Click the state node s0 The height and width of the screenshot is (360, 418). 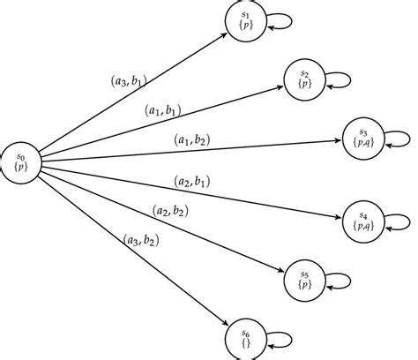point(21,161)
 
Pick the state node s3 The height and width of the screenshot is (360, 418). point(362,138)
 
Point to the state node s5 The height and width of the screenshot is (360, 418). point(304,280)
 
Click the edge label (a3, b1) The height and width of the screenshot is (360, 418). point(125,83)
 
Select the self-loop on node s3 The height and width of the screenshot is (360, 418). point(397,139)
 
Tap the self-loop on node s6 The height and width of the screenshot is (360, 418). point(280,339)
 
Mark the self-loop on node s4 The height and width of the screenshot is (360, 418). point(397,221)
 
